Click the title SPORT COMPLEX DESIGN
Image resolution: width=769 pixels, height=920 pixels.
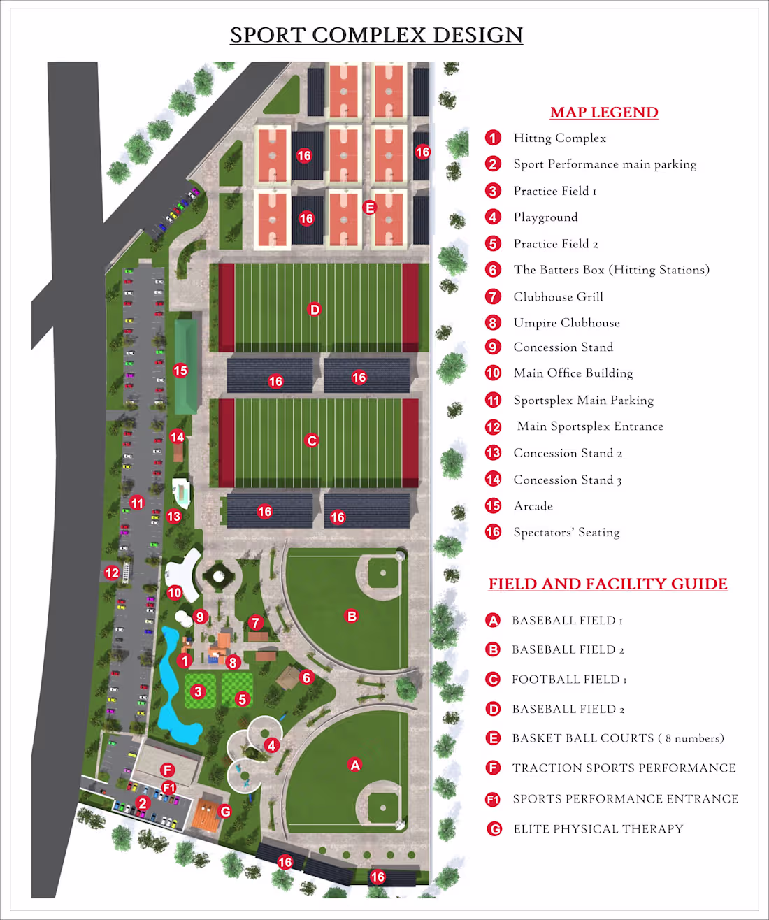(376, 35)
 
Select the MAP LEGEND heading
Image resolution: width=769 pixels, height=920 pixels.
(604, 113)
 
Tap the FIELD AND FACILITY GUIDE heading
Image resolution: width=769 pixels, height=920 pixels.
(608, 584)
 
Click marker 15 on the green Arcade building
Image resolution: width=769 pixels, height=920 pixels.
(180, 371)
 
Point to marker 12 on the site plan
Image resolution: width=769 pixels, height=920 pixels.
(112, 573)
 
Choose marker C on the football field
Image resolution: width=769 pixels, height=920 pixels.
(312, 440)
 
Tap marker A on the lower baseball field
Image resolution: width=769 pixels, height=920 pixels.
(355, 765)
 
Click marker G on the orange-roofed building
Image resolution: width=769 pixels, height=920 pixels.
(225, 811)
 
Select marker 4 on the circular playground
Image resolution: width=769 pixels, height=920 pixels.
(272, 745)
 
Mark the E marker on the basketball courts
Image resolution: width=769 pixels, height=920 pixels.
(370, 207)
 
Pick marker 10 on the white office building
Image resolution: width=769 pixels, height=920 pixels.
(175, 593)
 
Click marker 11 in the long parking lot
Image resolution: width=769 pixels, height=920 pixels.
(137, 503)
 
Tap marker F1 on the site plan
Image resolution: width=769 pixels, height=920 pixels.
(169, 788)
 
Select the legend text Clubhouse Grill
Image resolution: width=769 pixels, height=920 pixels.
(558, 296)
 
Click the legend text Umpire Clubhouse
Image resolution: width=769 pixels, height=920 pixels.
(566, 322)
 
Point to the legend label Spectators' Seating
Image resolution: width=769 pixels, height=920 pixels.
(566, 532)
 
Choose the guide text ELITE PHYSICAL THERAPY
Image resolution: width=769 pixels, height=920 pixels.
(598, 828)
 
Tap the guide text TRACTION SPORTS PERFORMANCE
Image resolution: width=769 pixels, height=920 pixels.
(624, 768)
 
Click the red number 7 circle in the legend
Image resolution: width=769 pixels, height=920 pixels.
(494, 296)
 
